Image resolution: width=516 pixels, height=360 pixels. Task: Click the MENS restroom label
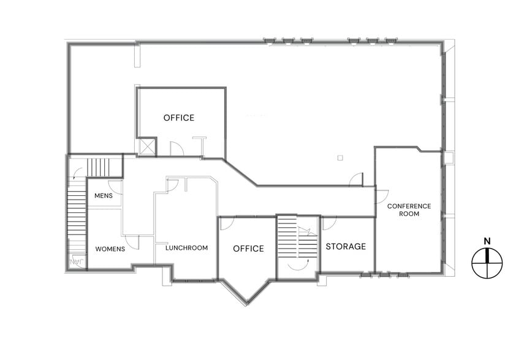tap(104, 196)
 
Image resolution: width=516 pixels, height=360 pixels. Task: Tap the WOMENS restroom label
tap(110, 249)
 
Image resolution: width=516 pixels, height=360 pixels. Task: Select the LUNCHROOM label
tap(186, 247)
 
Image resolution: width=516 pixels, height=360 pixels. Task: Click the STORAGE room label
tap(346, 246)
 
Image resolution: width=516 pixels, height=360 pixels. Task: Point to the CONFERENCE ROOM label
tap(409, 210)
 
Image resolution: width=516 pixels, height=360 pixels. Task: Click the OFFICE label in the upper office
tap(179, 118)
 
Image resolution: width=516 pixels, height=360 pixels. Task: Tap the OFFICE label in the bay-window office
tap(248, 248)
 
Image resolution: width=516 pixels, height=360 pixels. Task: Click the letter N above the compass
tap(487, 241)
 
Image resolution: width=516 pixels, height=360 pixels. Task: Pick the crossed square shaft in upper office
tap(146, 147)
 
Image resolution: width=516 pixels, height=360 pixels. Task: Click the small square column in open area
tap(340, 158)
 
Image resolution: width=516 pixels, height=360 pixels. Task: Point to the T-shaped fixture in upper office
tap(200, 146)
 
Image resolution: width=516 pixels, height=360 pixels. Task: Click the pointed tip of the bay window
tap(246, 305)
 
